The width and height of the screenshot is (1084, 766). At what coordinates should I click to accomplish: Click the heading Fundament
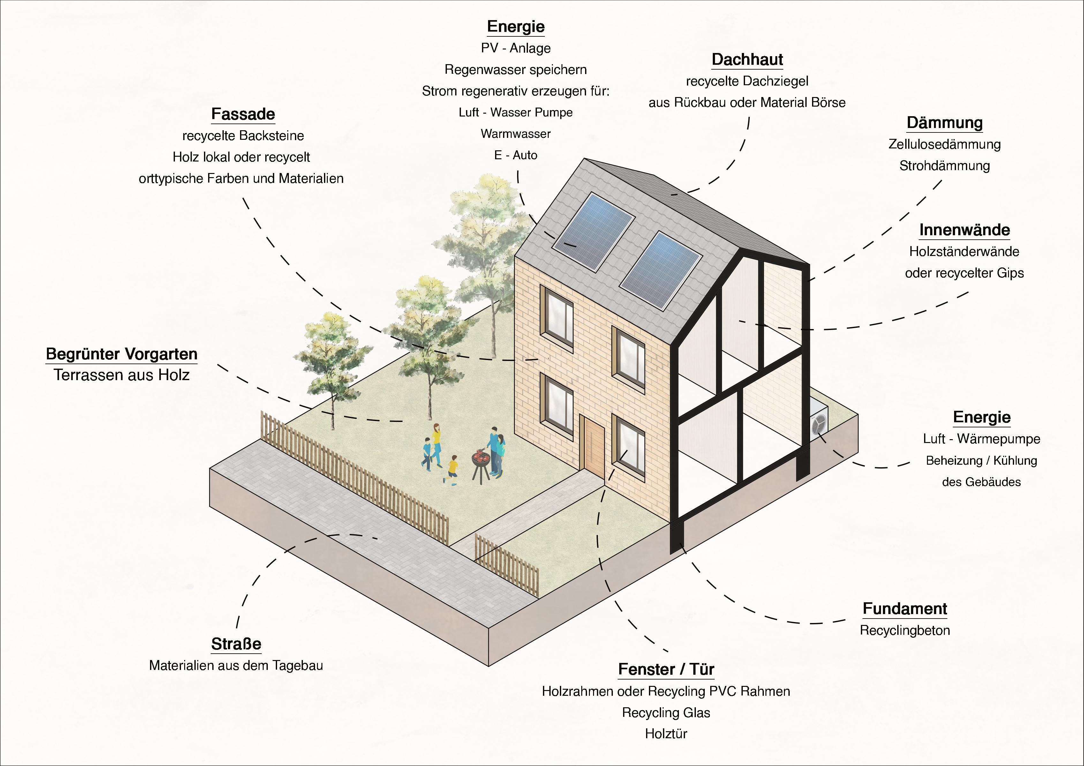pos(905,609)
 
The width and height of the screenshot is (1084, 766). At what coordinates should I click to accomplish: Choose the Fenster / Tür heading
pos(666,669)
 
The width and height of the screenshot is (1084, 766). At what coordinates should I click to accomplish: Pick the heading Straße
pos(236,644)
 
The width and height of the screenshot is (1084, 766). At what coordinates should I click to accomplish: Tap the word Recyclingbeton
pos(905,631)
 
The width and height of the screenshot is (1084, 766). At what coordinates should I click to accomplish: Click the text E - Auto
pos(516,155)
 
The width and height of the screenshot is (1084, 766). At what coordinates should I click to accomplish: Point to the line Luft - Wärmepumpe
pos(982,439)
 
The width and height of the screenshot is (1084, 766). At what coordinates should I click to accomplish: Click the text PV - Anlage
pos(516,48)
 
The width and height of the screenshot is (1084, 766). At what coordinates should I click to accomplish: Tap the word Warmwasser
pos(516,134)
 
